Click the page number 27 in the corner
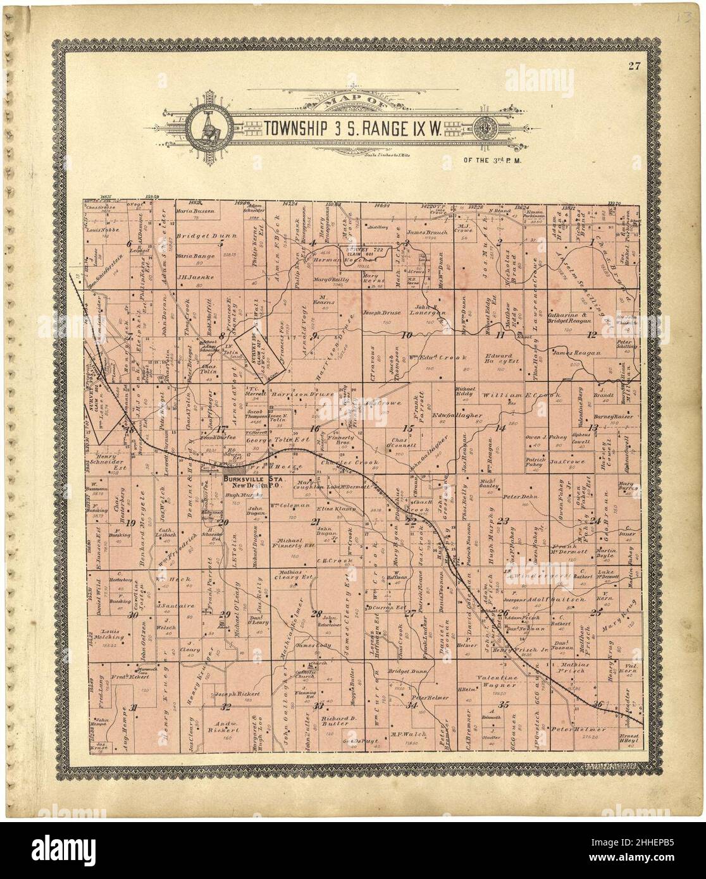click(635, 68)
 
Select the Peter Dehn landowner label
click(519, 497)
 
